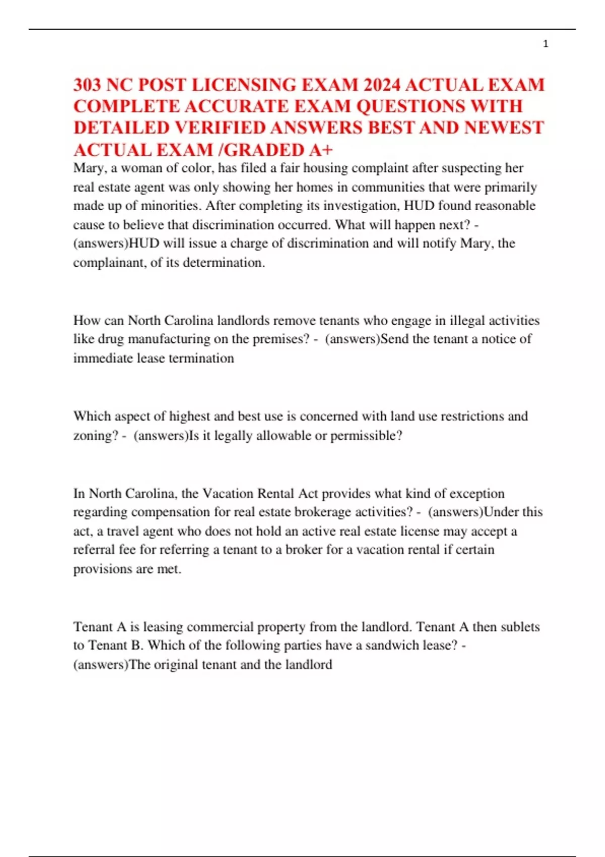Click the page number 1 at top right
pyautogui.click(x=546, y=44)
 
